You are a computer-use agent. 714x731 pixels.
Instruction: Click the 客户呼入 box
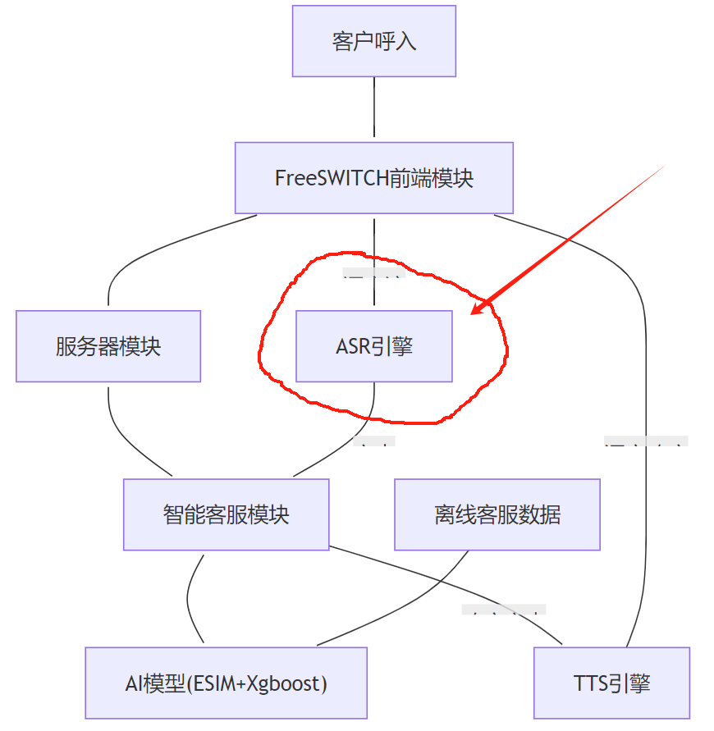tap(374, 41)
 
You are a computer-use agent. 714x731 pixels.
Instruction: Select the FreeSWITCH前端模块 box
tap(374, 178)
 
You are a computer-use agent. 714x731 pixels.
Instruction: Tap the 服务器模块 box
tap(108, 346)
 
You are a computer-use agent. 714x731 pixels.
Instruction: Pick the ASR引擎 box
tap(374, 346)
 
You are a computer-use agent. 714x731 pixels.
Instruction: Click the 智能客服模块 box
tap(227, 514)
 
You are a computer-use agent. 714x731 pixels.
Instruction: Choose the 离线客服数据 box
tap(497, 514)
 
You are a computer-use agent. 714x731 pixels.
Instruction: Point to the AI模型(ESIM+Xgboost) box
tap(227, 683)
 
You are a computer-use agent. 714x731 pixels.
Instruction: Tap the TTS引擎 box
tap(611, 683)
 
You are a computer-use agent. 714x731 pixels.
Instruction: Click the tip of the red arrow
tap(473, 313)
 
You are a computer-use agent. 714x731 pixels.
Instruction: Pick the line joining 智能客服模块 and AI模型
tap(190, 599)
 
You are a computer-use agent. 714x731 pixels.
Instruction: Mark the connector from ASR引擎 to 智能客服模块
tap(353, 443)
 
